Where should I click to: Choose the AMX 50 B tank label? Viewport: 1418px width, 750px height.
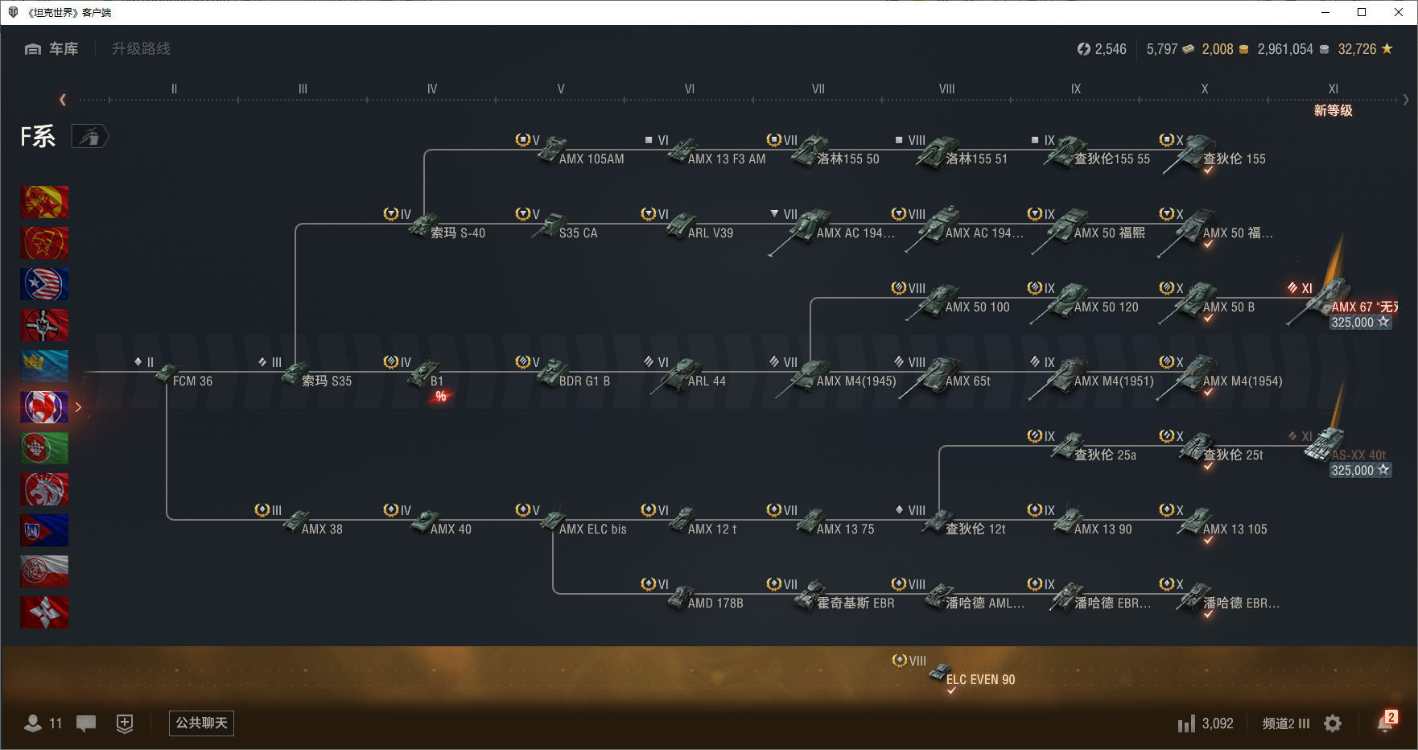(1228, 307)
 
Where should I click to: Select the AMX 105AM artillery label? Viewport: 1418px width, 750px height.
(592, 159)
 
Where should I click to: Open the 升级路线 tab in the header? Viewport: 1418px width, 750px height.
(142, 49)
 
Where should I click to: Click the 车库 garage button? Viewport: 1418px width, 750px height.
(52, 49)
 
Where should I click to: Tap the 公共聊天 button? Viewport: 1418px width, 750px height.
(201, 723)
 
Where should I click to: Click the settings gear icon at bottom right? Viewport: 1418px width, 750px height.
(1333, 723)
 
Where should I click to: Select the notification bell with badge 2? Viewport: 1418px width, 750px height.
(1385, 723)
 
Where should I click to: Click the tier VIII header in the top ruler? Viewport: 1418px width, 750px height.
(946, 89)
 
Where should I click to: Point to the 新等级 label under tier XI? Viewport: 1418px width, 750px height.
(1333, 110)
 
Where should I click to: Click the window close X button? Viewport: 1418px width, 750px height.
(1399, 12)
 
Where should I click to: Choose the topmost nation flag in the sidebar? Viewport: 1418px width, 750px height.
(44, 202)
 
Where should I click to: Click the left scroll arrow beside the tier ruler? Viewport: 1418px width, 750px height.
(63, 100)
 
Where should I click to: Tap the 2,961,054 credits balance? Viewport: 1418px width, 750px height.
(1285, 49)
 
